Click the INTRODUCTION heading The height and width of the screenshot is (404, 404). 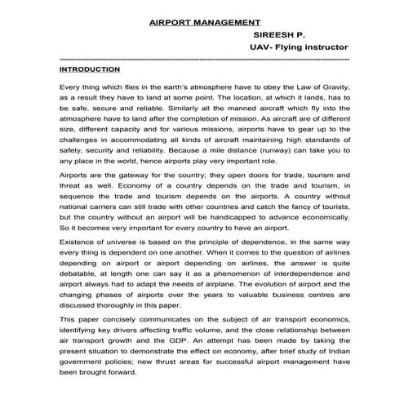coord(94,71)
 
